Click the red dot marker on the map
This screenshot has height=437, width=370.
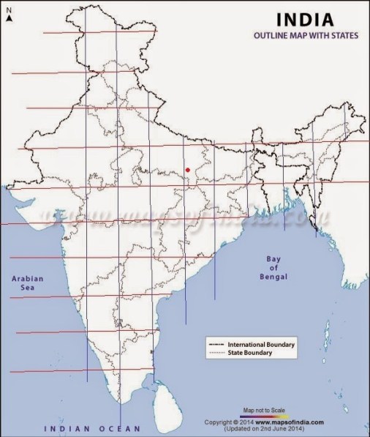(188, 170)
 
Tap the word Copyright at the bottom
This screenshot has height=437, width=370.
(219, 422)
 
